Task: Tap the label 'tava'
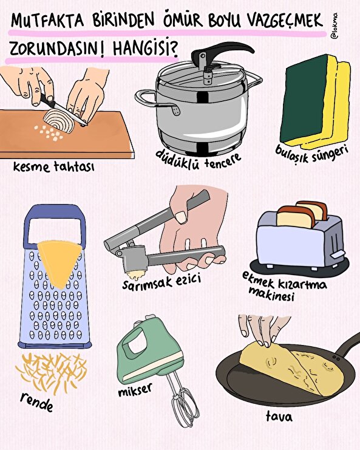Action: (279, 417)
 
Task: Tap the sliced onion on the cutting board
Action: (58, 124)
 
